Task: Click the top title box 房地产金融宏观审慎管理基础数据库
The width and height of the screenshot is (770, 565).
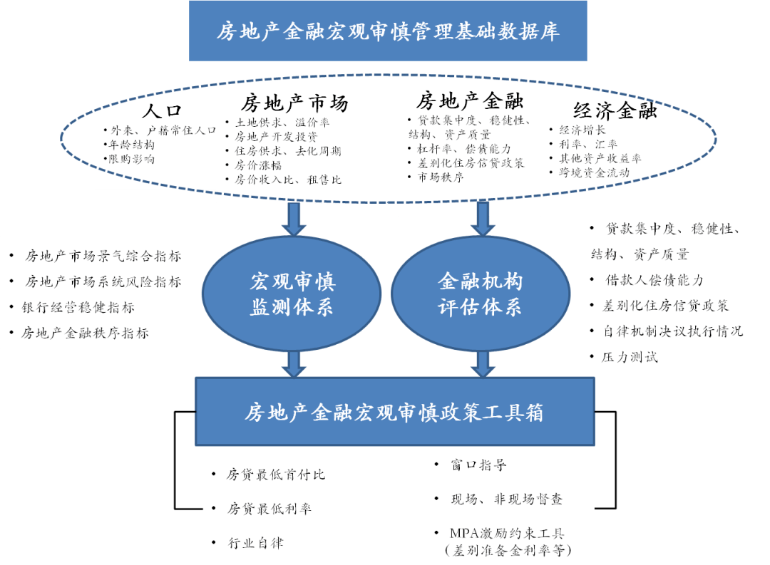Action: [388, 31]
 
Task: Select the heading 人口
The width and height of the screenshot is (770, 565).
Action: [162, 111]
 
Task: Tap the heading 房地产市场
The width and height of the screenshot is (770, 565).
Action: [294, 104]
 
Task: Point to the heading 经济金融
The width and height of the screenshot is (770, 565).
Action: [615, 110]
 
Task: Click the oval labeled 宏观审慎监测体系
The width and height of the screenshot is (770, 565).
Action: [292, 294]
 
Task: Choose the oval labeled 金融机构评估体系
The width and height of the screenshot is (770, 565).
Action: [480, 294]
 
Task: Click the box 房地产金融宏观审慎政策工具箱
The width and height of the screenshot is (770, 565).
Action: [394, 412]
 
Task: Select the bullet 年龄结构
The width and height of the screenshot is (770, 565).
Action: [128, 145]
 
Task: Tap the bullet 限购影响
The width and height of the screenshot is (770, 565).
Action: [129, 159]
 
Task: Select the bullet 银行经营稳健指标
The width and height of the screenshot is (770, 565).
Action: [79, 308]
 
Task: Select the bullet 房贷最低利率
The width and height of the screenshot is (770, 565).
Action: [269, 509]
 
